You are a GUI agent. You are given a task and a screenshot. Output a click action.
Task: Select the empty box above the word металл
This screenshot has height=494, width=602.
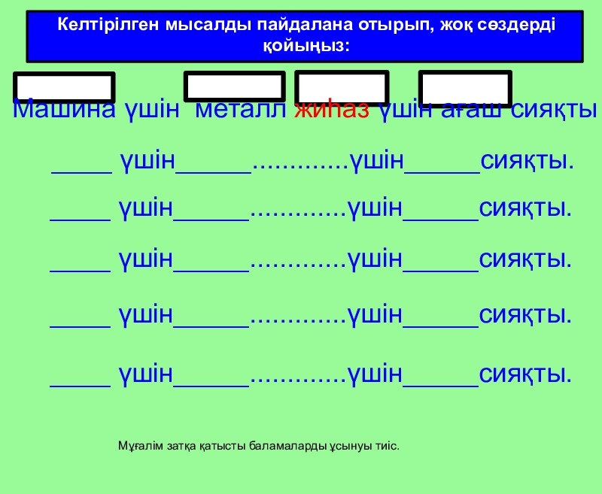click(x=235, y=86)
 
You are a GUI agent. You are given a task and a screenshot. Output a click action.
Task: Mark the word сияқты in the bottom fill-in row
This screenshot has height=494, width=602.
click(x=526, y=374)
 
